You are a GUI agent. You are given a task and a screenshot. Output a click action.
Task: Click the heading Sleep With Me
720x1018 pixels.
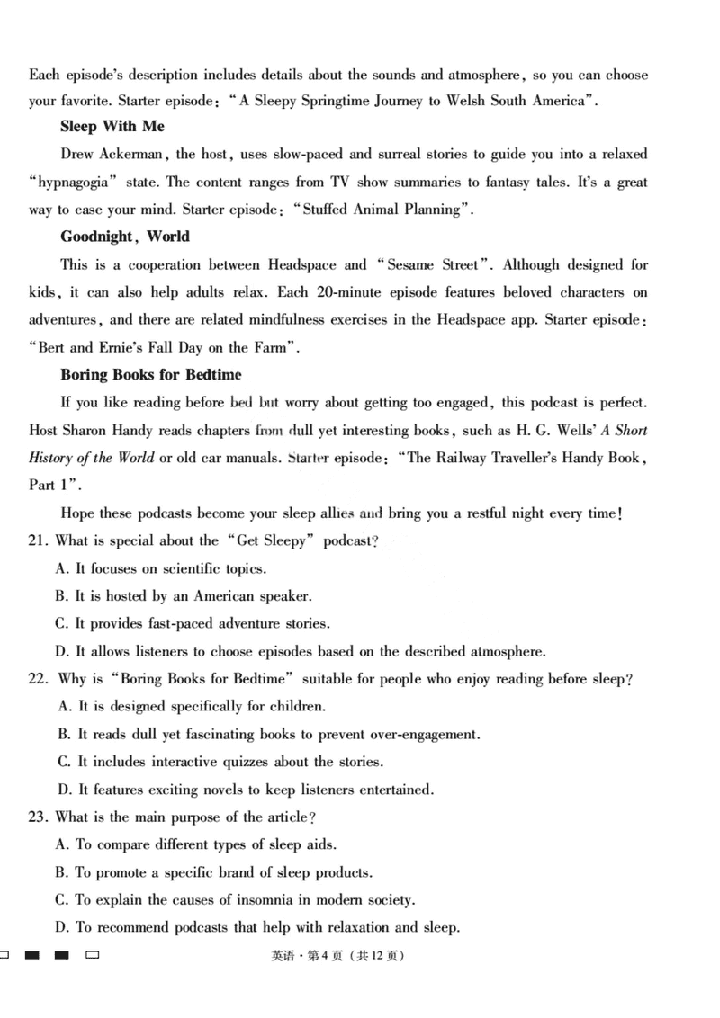(112, 127)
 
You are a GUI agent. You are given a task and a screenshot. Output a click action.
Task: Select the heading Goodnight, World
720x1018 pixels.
(125, 237)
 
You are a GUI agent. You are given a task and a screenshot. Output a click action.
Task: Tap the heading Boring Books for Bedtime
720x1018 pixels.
(150, 374)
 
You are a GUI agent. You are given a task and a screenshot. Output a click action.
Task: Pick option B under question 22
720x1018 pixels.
(64, 735)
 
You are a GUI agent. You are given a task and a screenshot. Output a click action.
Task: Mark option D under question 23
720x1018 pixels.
(64, 927)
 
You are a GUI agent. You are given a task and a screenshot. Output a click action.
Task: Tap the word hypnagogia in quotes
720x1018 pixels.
(74, 183)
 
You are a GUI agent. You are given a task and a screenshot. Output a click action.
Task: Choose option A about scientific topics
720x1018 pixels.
(162, 569)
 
